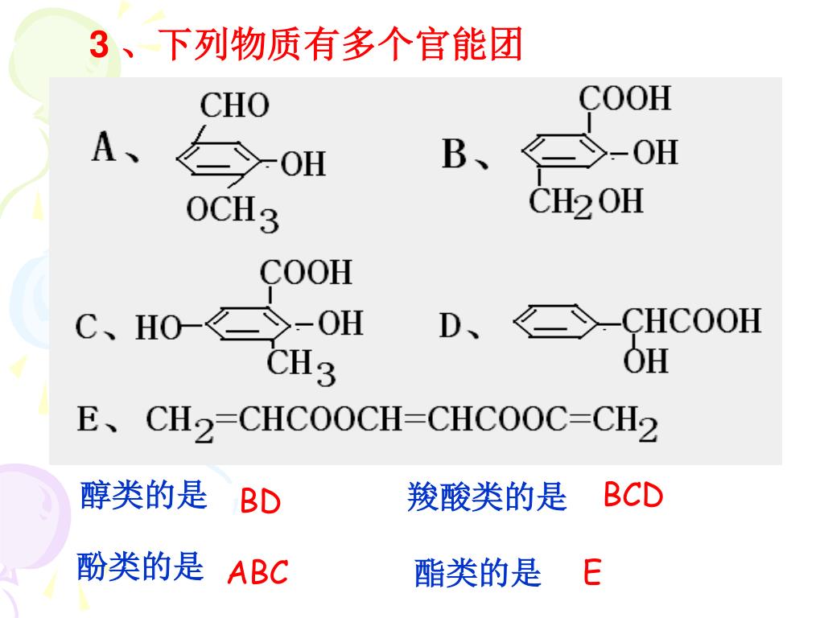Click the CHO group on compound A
pyautogui.click(x=234, y=105)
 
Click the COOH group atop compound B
pyautogui.click(x=624, y=98)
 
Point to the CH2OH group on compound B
pyautogui.click(x=585, y=201)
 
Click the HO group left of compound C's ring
pyautogui.click(x=157, y=328)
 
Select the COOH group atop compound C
pyautogui.click(x=305, y=272)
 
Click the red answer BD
pyautogui.click(x=260, y=502)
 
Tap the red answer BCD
pyautogui.click(x=633, y=496)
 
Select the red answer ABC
pyautogui.click(x=257, y=573)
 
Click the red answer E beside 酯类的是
pyautogui.click(x=592, y=574)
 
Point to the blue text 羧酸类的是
pyautogui.click(x=487, y=498)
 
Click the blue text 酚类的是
pyautogui.click(x=140, y=567)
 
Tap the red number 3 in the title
pyautogui.click(x=98, y=46)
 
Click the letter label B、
pyautogui.click(x=466, y=154)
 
